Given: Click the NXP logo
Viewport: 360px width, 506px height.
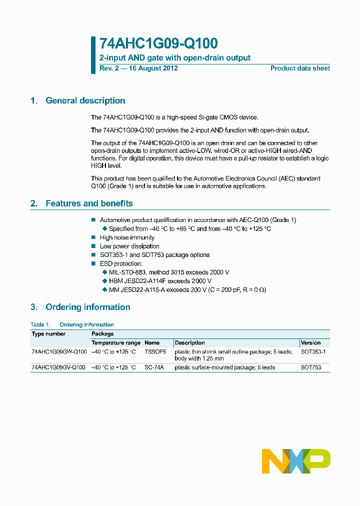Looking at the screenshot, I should (296, 460).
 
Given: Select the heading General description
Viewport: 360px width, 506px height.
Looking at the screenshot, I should (85, 100).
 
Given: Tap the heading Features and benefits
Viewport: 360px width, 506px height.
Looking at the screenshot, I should (89, 203).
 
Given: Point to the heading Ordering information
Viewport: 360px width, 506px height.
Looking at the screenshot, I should (87, 307).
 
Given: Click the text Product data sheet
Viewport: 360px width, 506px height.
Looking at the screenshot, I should (300, 68).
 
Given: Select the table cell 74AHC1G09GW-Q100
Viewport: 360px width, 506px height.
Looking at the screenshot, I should (58, 352).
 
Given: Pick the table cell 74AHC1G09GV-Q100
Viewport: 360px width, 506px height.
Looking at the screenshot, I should (58, 367).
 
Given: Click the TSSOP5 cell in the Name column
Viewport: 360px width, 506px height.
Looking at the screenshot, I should (155, 352).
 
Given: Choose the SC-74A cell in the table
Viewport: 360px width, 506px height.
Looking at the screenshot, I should (154, 367).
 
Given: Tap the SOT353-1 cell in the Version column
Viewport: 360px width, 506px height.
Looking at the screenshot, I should (313, 352).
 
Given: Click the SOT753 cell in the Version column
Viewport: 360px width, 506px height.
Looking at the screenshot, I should (310, 367).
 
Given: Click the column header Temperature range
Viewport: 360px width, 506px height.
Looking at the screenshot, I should (116, 343).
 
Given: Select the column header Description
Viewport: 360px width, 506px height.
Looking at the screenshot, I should (189, 343).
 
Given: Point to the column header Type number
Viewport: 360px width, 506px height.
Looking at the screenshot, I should (48, 333).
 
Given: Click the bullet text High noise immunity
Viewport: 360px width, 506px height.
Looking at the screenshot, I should (127, 237).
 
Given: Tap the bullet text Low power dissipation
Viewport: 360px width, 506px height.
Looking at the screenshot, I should (129, 246).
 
